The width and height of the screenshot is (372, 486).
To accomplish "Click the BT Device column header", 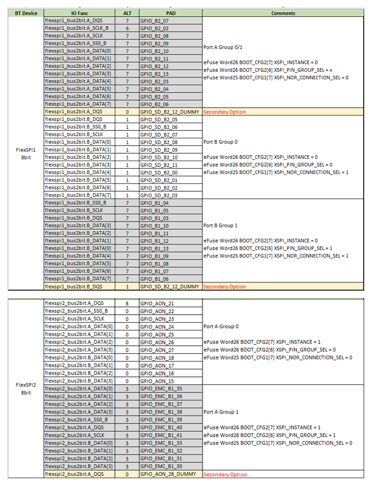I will (26, 13).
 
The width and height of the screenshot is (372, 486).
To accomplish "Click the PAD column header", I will (170, 13).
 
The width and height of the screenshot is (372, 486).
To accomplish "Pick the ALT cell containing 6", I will (126, 28).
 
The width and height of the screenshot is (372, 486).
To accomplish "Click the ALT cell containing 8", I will (126, 303).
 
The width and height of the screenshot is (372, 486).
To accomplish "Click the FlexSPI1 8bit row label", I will (26, 153).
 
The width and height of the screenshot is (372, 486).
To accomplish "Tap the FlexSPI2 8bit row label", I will (26, 388).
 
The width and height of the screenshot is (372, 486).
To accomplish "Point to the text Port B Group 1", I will (220, 226).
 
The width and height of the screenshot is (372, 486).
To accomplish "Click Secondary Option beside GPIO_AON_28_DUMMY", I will (225, 474).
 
